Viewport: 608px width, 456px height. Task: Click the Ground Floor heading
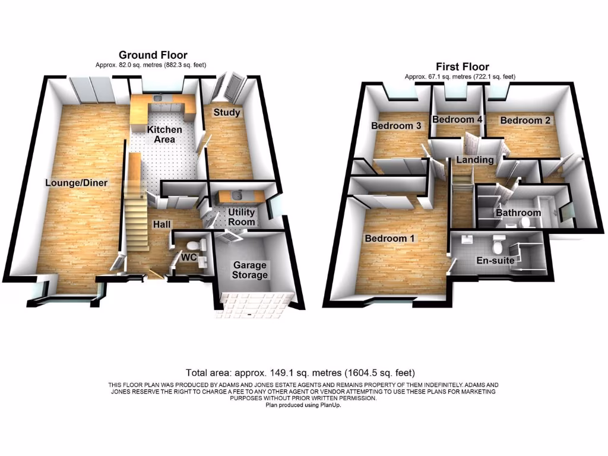click(153, 55)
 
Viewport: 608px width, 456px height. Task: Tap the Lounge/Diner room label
click(77, 183)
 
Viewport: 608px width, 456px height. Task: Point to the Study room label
click(227, 113)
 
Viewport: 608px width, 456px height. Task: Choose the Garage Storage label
click(250, 270)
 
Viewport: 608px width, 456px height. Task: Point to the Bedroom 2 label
click(525, 121)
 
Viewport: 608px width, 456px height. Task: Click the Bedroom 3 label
click(397, 126)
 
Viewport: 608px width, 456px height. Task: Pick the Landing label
click(474, 160)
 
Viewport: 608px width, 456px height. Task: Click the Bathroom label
click(518, 213)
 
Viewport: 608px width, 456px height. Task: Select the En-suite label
click(495, 260)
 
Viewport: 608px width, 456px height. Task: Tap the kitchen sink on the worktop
click(158, 99)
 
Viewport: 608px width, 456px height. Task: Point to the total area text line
click(300, 373)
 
